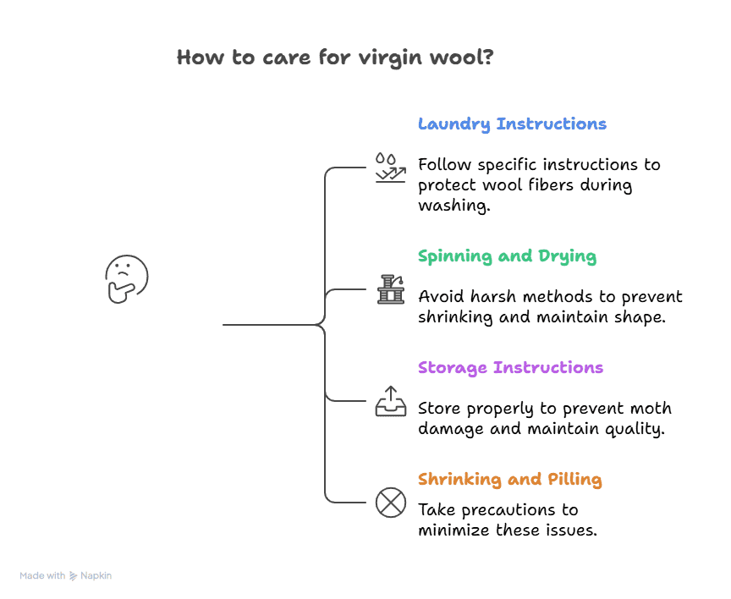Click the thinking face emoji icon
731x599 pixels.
[x=126, y=279]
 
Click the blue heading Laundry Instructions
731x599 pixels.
[x=512, y=124]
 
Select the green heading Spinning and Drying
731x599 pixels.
[x=507, y=256]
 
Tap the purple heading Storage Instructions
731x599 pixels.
[x=510, y=368]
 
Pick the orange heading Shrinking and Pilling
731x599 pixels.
[x=509, y=480]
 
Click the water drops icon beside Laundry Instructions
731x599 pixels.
[x=390, y=168]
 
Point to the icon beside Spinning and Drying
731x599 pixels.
[x=390, y=289]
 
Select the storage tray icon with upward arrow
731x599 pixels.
[x=390, y=400]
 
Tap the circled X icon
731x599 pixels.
[x=390, y=503]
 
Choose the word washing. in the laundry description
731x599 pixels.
[x=454, y=206]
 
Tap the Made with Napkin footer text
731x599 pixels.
[x=66, y=575]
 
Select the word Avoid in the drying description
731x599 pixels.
[x=439, y=297]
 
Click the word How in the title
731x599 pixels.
[x=197, y=58]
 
